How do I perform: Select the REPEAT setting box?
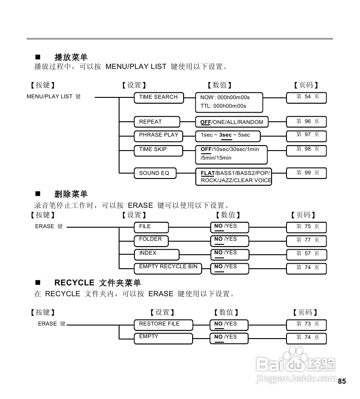[156, 122]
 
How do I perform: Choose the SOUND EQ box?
[154, 173]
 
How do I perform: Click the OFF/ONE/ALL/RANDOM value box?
[231, 122]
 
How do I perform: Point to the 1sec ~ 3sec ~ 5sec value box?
[227, 135]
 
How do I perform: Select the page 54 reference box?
[307, 97]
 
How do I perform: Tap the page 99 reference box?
[307, 173]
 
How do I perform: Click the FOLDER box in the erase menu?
[151, 240]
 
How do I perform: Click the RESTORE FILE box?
[162, 325]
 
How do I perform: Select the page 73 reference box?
[307, 324]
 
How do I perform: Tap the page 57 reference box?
[307, 254]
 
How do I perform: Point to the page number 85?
[342, 381]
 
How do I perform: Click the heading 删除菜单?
[71, 194]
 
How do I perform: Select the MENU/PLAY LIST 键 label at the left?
[54, 96]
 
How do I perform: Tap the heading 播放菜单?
[71, 57]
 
